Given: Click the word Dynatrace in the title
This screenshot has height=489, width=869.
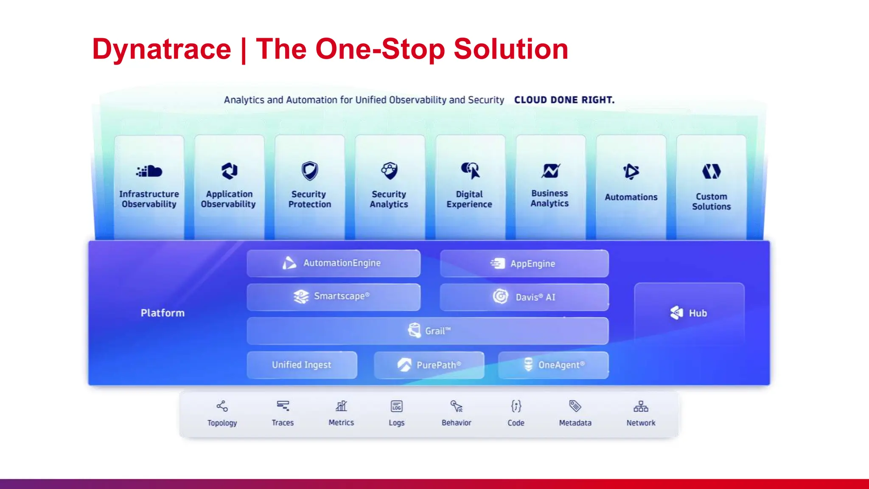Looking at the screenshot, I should click(x=162, y=49).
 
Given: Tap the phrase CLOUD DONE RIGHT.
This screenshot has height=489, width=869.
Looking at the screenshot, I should click(x=564, y=100).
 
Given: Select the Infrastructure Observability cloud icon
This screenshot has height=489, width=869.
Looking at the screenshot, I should click(x=149, y=171).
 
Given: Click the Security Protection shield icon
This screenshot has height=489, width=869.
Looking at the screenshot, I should click(x=310, y=171).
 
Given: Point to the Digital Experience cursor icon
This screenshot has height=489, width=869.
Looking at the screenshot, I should click(x=470, y=171).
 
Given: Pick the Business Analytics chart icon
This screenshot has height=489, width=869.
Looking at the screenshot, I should click(x=550, y=171).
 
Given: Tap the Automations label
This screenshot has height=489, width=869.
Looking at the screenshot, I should click(x=631, y=197).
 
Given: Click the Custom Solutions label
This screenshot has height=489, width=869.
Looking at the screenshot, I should click(x=711, y=202).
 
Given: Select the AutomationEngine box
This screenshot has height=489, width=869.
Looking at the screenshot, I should click(x=334, y=263).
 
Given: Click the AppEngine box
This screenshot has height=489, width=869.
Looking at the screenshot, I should click(x=524, y=264).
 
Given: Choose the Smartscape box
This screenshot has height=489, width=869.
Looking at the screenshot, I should click(x=334, y=297).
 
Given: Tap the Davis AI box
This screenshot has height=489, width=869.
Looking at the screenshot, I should click(x=524, y=297).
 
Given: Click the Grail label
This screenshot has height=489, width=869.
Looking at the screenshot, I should click(x=437, y=331).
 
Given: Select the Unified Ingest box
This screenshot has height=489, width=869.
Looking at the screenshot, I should click(x=302, y=365).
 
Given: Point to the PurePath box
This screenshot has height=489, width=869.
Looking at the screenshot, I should click(x=429, y=365).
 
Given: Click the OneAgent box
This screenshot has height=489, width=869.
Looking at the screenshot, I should click(x=553, y=365).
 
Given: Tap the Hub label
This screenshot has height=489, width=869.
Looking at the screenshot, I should click(x=698, y=313).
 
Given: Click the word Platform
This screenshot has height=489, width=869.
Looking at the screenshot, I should click(x=163, y=313).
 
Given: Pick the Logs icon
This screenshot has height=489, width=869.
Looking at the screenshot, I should click(x=396, y=407).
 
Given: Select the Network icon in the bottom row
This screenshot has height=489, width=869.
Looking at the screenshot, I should click(x=641, y=407).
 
